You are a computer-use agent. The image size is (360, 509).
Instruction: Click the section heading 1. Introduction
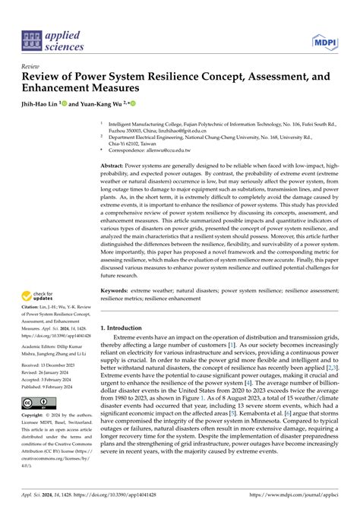[124, 328]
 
